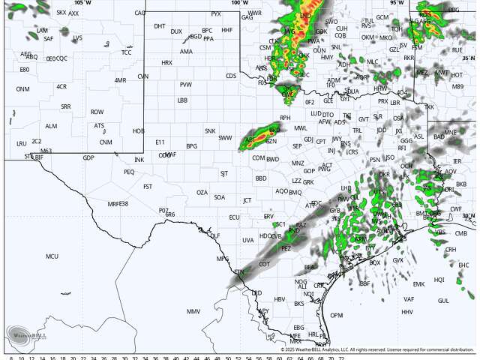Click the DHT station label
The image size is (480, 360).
pyautogui.click(x=160, y=25)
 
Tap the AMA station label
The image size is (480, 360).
pyautogui.click(x=186, y=52)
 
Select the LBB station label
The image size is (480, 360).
pyautogui.click(x=182, y=100)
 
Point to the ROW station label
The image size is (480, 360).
pyautogui.click(x=97, y=112)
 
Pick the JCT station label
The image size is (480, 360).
pyautogui.click(x=247, y=200)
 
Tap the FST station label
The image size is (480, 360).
pyautogui.click(x=148, y=186)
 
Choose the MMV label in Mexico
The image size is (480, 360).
pyautogui.click(x=193, y=311)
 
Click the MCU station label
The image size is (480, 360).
pyautogui.click(x=52, y=256)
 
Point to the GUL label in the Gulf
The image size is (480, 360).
pyautogui.click(x=443, y=300)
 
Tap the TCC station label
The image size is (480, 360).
pyautogui.click(x=126, y=52)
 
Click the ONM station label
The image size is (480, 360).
pyautogui.click(x=23, y=88)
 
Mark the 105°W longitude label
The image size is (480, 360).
pyautogui.click(x=82, y=3)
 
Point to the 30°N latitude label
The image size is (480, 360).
pyautogui.click(x=469, y=216)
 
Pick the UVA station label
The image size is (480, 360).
pyautogui.click(x=247, y=240)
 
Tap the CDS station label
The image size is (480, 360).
pyautogui.click(x=231, y=75)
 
